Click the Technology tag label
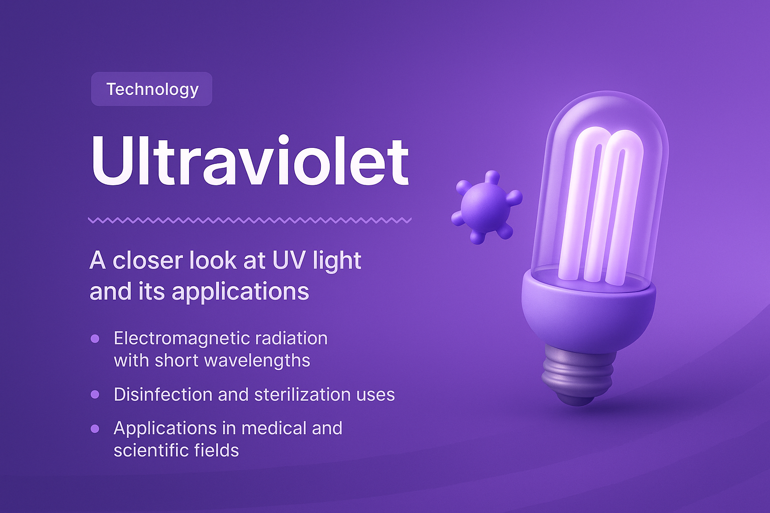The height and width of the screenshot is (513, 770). tap(152, 89)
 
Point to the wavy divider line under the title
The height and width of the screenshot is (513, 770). tap(250, 220)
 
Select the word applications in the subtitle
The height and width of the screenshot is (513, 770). tap(241, 292)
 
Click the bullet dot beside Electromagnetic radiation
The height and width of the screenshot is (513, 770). tap(95, 339)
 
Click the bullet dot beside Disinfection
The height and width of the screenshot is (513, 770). tap(95, 395)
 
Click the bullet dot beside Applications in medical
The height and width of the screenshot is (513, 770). tap(95, 429)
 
